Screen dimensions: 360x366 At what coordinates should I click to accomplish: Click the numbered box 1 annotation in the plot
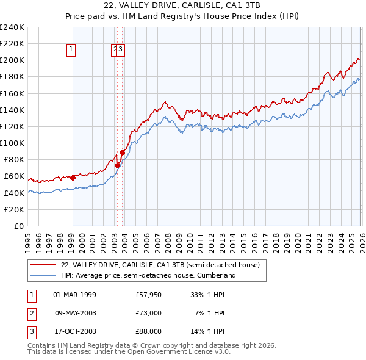[x=71, y=50]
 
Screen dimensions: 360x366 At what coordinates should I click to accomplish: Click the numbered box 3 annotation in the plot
[x=121, y=50]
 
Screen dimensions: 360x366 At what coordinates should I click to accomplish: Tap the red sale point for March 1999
[x=73, y=178]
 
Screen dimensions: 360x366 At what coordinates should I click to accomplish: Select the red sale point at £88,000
[x=123, y=153]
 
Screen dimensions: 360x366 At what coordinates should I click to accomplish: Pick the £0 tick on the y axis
[x=20, y=226]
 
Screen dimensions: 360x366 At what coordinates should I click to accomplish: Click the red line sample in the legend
[x=43, y=265]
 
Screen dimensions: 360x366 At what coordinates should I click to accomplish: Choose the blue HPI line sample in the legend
[x=43, y=275]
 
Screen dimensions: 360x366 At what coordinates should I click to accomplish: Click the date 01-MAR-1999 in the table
[x=74, y=295]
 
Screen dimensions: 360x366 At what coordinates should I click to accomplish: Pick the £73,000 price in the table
[x=148, y=313]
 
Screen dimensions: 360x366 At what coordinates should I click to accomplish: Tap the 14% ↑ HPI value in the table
[x=207, y=331]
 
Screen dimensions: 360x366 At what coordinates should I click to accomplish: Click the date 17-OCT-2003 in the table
[x=74, y=331]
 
